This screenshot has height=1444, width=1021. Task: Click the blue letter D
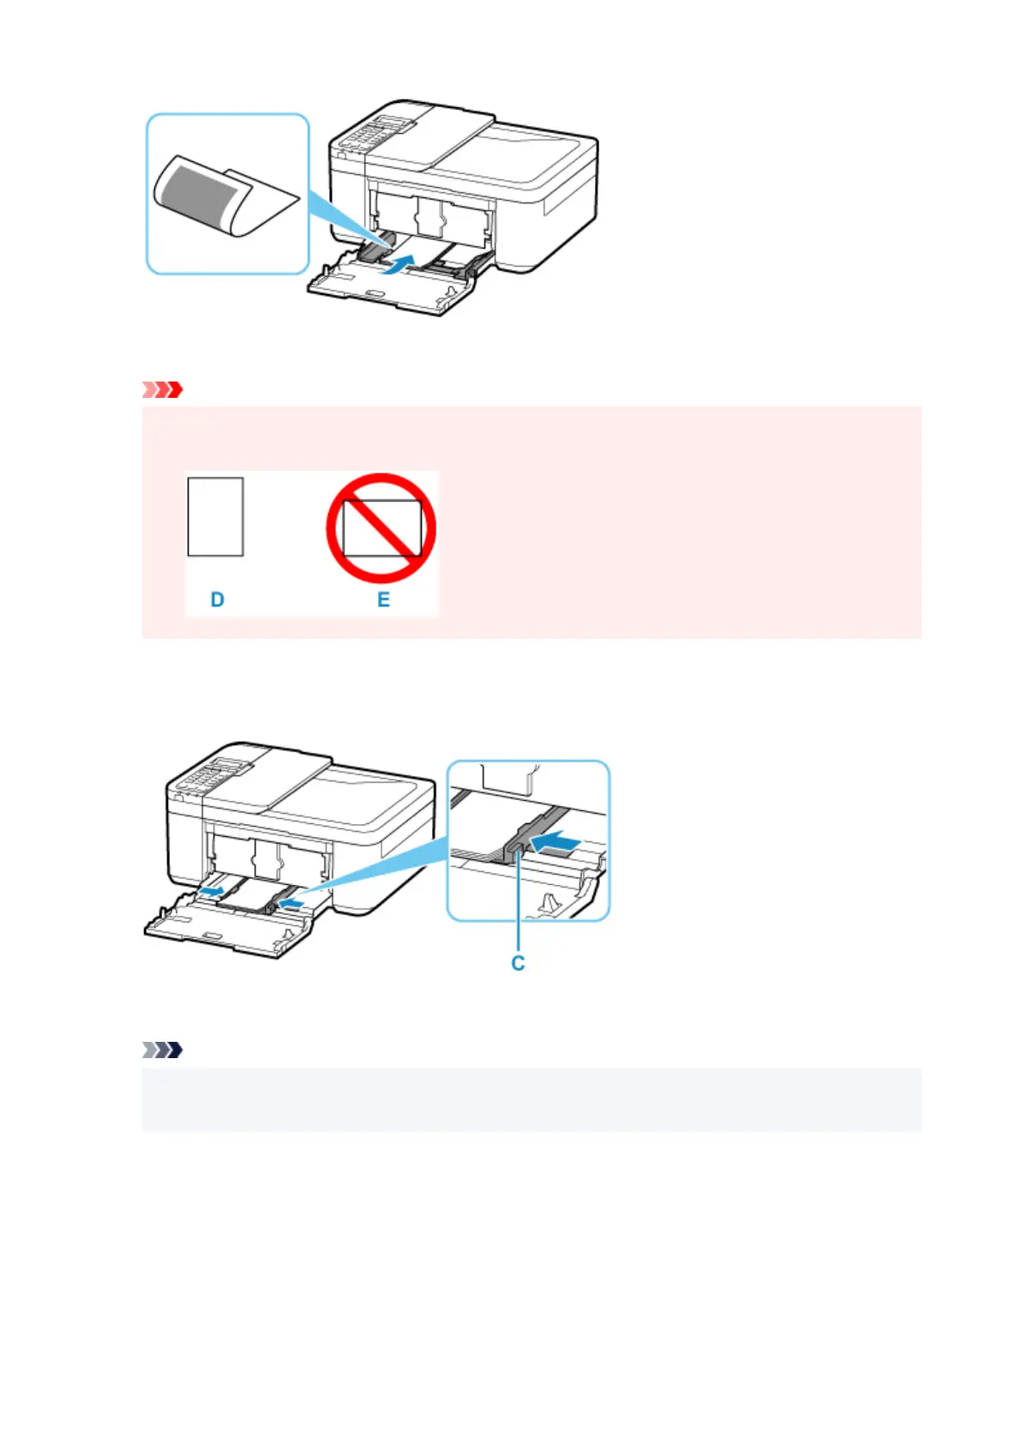(x=217, y=599)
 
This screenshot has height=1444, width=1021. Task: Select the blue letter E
(x=383, y=599)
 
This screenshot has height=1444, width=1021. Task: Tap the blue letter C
(x=518, y=963)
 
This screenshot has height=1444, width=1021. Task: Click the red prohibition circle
(x=381, y=528)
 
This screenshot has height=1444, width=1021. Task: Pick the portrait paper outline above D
(x=215, y=516)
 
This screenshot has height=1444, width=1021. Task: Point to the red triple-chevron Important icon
(x=162, y=389)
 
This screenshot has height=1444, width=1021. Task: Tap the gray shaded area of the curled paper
(x=201, y=196)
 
